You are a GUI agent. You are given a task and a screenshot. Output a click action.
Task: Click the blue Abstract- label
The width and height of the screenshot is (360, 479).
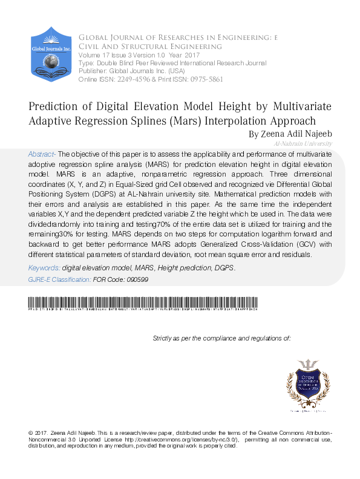42,154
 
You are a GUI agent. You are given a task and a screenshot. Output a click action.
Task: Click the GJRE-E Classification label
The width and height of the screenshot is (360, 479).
59,279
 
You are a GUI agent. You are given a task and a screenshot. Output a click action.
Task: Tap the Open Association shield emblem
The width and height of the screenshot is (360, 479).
309,385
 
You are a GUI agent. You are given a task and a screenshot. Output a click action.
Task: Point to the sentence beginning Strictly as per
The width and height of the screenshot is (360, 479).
222,338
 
